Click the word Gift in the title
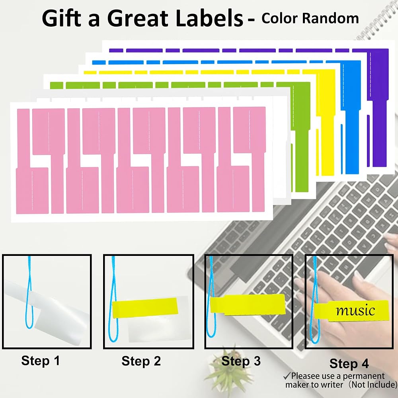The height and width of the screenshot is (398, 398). [61, 18]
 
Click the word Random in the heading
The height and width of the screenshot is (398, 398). [330, 18]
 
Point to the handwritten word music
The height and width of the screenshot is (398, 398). [355, 310]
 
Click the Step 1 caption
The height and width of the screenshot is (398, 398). [41, 361]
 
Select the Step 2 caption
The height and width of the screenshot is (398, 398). [141, 361]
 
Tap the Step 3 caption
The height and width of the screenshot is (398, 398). [241, 361]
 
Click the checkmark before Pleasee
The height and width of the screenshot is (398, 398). [287, 375]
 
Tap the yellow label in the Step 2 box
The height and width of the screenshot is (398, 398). [145, 308]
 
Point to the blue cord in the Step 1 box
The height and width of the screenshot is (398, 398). [30, 292]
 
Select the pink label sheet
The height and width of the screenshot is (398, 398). [141, 160]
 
